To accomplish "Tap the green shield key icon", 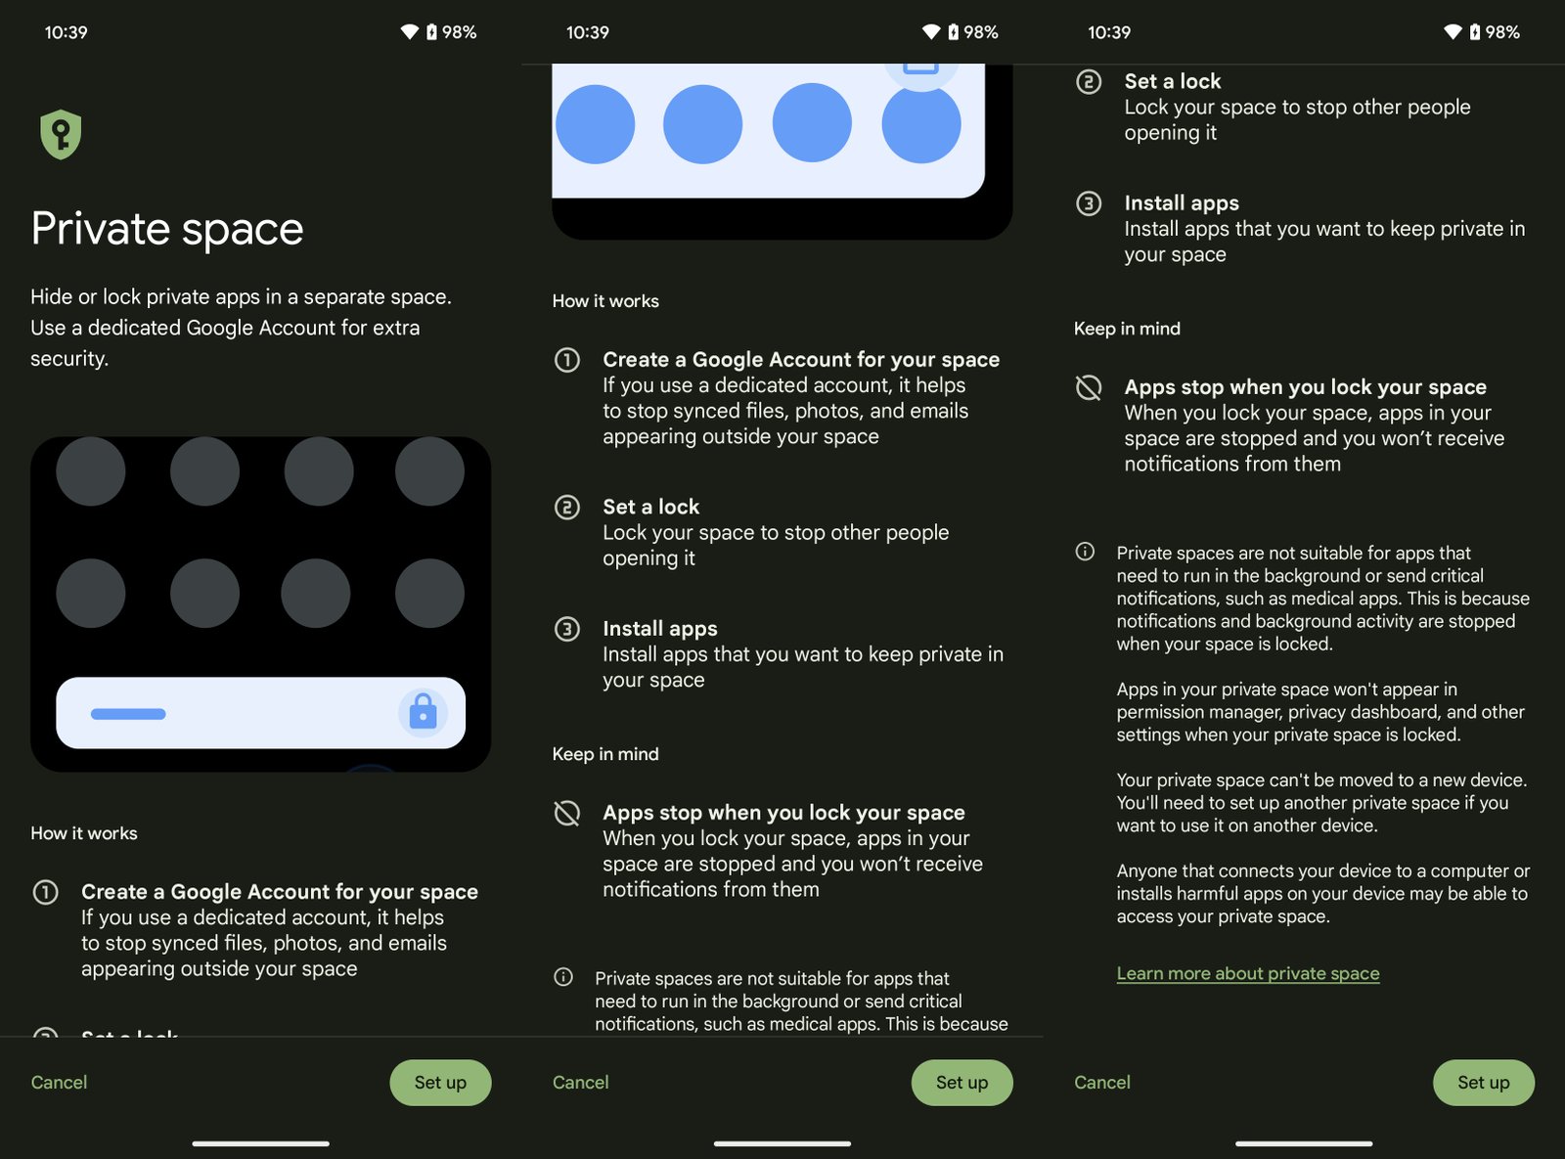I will pyautogui.click(x=61, y=134).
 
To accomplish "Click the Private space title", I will pyautogui.click(x=167, y=229).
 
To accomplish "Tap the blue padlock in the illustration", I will pyautogui.click(x=423, y=712).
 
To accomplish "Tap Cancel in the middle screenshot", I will pyautogui.click(x=580, y=1083).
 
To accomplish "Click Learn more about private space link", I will pyautogui.click(x=1247, y=973).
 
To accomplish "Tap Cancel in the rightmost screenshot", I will pyautogui.click(x=1101, y=1083).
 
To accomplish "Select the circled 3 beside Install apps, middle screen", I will pyautogui.click(x=567, y=629).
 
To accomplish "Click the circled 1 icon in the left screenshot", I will pyautogui.click(x=46, y=892).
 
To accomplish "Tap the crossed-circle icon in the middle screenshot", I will pyautogui.click(x=567, y=813).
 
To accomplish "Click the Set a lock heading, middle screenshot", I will pyautogui.click(x=650, y=507).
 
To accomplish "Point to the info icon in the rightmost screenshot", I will pyautogui.click(x=1085, y=552).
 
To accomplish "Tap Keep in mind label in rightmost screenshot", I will pyautogui.click(x=1127, y=329).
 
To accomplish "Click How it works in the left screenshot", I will pyautogui.click(x=84, y=833).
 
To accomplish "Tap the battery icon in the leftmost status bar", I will pyautogui.click(x=431, y=32).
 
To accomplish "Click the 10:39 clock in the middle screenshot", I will pyautogui.click(x=587, y=32).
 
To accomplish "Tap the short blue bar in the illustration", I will pyautogui.click(x=128, y=714).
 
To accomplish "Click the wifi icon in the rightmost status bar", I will pyautogui.click(x=1453, y=32).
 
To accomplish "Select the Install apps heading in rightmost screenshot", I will pyautogui.click(x=1181, y=203).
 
